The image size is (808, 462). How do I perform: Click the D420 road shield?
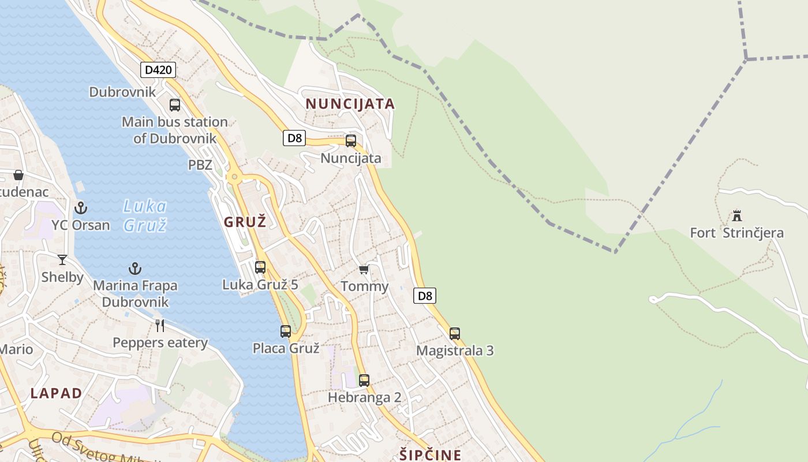[x=158, y=70]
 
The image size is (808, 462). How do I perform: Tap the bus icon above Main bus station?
[x=175, y=105]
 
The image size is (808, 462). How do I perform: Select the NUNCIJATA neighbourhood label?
[x=350, y=104]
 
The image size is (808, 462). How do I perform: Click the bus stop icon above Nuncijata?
[x=351, y=141]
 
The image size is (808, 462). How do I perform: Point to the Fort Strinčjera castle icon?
[x=736, y=216]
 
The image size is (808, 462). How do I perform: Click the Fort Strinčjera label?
[x=736, y=233]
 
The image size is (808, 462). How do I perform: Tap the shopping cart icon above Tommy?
[x=364, y=270]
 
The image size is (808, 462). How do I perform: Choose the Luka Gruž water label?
[x=145, y=215]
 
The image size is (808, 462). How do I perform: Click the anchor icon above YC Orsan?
[x=81, y=208]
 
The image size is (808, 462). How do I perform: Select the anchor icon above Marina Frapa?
[x=134, y=269]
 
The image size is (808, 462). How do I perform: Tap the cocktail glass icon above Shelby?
[x=62, y=260]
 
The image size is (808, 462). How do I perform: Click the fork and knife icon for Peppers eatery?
[x=160, y=326]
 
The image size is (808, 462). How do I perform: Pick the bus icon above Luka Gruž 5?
[x=260, y=267]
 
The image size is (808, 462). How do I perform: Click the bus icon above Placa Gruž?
[x=286, y=331]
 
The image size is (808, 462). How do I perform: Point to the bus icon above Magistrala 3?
[x=455, y=334]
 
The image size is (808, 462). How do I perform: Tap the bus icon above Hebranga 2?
[x=364, y=381]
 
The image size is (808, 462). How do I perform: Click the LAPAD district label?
[x=56, y=394]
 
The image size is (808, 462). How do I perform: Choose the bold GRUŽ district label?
[x=245, y=222]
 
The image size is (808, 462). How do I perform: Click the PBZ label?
[x=200, y=165]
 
